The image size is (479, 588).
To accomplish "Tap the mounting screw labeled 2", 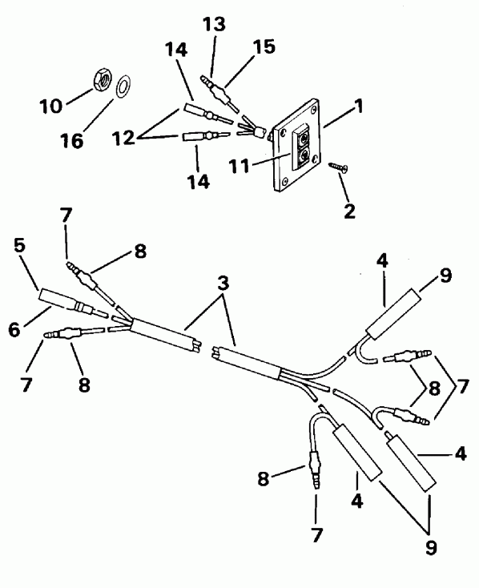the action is [338, 168].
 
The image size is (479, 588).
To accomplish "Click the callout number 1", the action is [359, 106].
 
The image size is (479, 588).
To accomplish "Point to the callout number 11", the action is [239, 165].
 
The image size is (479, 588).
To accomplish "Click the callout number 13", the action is [214, 24].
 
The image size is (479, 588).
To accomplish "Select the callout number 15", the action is [264, 46].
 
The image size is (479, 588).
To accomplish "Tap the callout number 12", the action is [123, 138].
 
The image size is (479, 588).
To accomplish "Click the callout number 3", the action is [223, 284].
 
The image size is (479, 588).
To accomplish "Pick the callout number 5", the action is [19, 245].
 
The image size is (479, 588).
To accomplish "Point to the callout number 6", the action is [14, 329].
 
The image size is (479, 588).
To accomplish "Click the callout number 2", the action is [349, 211].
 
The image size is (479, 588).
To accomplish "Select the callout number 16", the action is [72, 141].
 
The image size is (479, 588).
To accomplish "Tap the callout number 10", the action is [51, 107].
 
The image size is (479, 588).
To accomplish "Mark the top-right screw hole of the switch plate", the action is [314, 111].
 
